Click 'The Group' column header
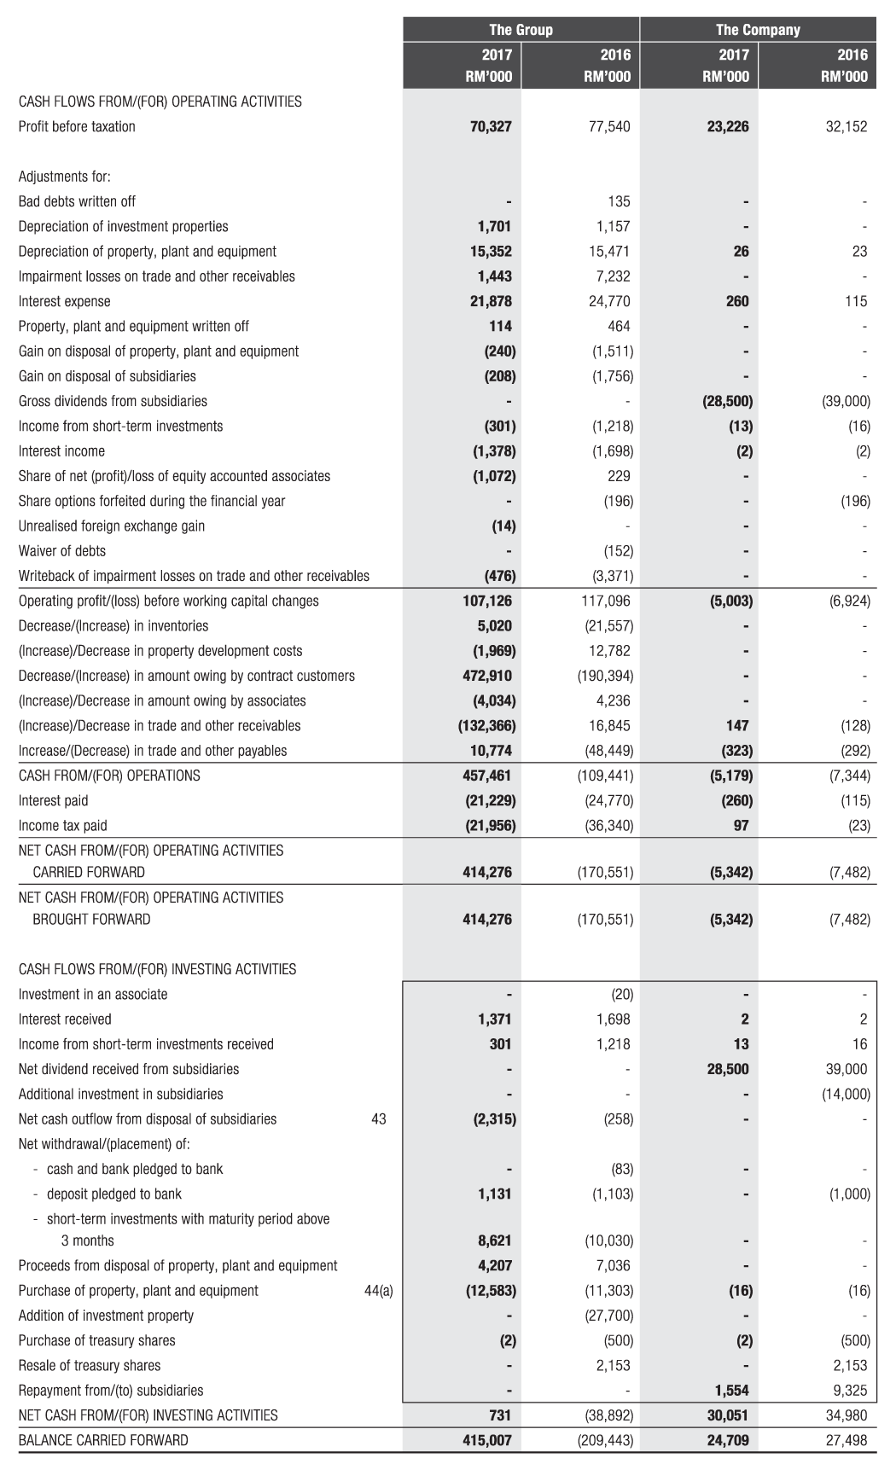coord(521,30)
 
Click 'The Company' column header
coord(758,30)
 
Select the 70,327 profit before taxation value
coord(491,127)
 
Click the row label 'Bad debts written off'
coord(77,201)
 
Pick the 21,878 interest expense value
coord(491,301)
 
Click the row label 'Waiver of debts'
coord(62,551)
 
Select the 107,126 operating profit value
coord(487,601)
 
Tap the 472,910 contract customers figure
coord(487,676)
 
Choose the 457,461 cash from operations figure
coord(487,776)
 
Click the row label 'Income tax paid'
coord(63,826)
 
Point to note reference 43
coord(379,1119)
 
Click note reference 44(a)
coord(378,1291)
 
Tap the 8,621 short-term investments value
coord(495,1240)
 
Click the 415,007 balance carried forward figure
coord(487,1440)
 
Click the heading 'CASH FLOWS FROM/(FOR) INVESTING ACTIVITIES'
coord(158,969)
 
